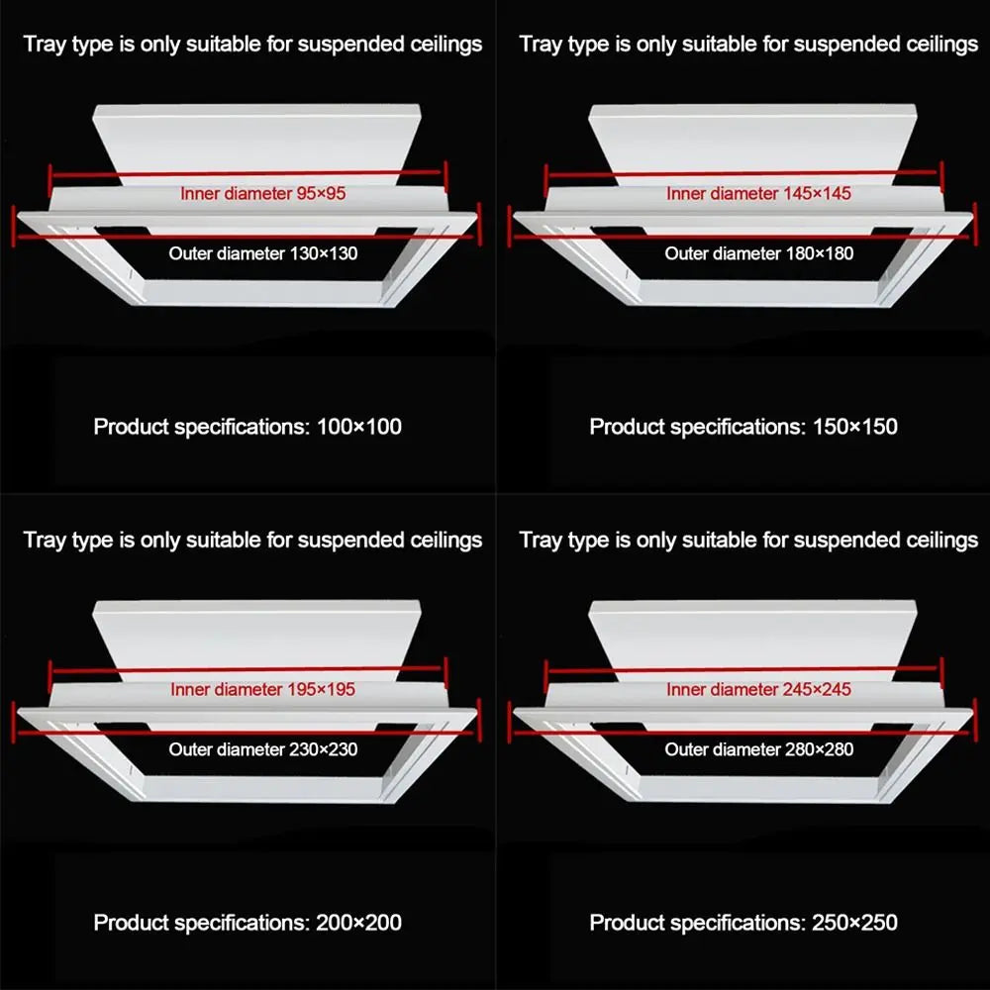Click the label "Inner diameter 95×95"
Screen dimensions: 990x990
(x=262, y=193)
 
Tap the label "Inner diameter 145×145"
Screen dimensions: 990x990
(x=758, y=193)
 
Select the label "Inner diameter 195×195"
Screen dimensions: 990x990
(x=262, y=689)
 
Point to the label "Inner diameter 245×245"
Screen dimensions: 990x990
(x=758, y=689)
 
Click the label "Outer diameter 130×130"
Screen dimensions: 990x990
(x=262, y=253)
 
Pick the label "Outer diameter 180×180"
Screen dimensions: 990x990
(x=759, y=253)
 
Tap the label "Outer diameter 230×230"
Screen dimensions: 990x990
(x=262, y=748)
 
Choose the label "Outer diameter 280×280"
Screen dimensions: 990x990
(x=759, y=748)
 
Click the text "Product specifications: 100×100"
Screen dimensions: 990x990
(x=247, y=427)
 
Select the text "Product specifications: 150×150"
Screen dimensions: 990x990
(x=743, y=427)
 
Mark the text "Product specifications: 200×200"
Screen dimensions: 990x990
(x=247, y=923)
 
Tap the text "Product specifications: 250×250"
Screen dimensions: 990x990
(x=743, y=923)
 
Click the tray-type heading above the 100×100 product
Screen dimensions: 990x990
(x=252, y=45)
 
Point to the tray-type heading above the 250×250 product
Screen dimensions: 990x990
(x=748, y=541)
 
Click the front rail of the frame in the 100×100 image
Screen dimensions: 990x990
(x=262, y=293)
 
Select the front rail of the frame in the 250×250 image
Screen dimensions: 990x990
(x=757, y=789)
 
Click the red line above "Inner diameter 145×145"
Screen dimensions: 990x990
(x=743, y=173)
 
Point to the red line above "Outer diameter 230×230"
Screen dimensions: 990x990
(x=247, y=733)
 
